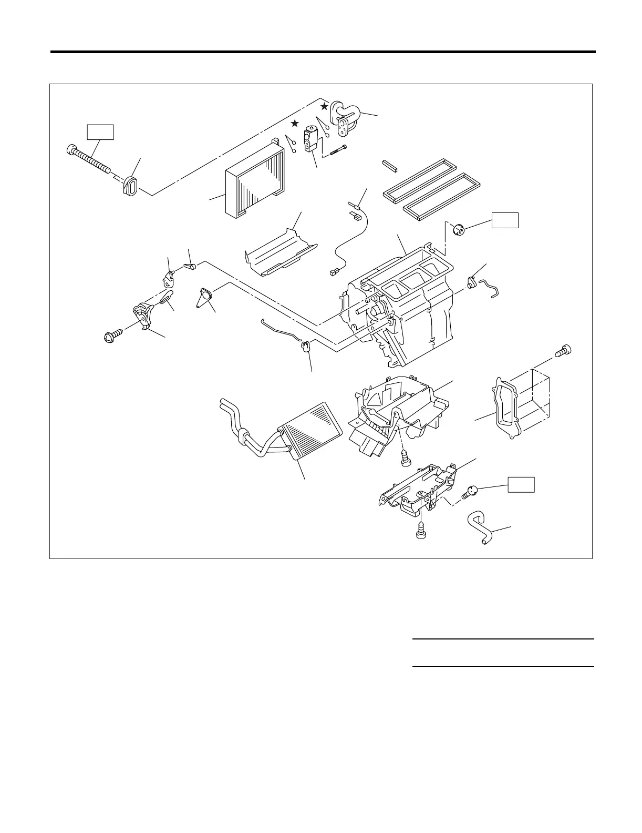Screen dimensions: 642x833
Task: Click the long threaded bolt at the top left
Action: [89, 159]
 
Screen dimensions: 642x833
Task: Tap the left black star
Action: [295, 124]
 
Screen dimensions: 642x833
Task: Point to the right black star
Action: [325, 106]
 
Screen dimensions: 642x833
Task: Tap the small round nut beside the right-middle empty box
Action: [459, 230]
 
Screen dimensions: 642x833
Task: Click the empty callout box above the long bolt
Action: [100, 131]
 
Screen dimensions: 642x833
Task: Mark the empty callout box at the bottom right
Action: [521, 484]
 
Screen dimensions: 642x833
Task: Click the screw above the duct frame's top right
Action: [563, 351]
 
